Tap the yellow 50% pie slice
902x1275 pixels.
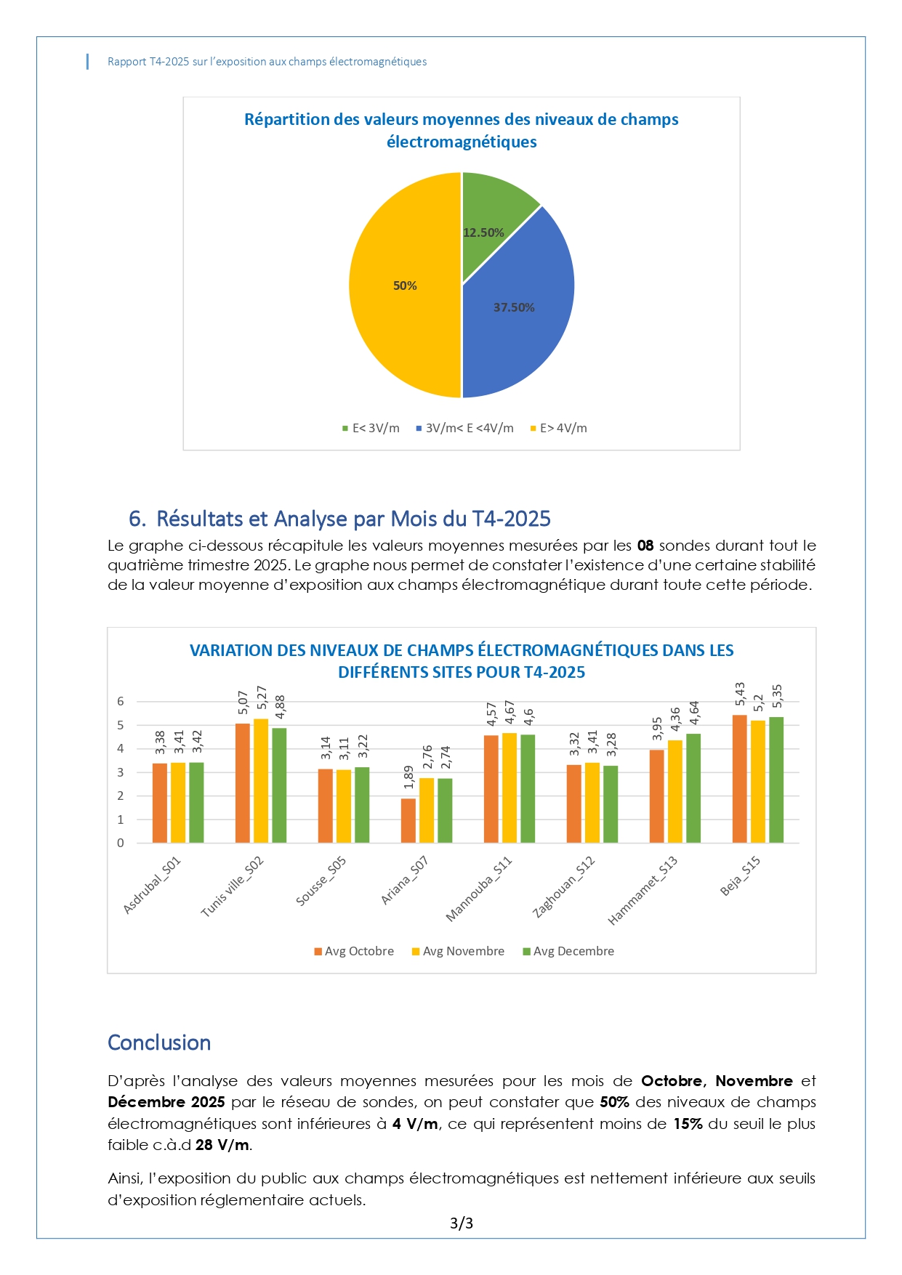click(x=403, y=286)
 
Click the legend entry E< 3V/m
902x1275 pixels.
click(x=371, y=429)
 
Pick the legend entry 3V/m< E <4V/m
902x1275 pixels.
click(x=464, y=429)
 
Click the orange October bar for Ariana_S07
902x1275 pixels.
click(x=408, y=821)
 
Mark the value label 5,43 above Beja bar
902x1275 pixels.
click(x=740, y=694)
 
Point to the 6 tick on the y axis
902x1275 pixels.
click(x=121, y=702)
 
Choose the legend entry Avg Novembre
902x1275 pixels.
click(x=458, y=952)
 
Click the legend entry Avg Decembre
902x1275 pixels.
click(x=568, y=952)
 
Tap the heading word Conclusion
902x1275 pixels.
click(x=159, y=1043)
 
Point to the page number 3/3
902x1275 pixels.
click(x=462, y=1223)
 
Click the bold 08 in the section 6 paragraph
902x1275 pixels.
click(x=645, y=546)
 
